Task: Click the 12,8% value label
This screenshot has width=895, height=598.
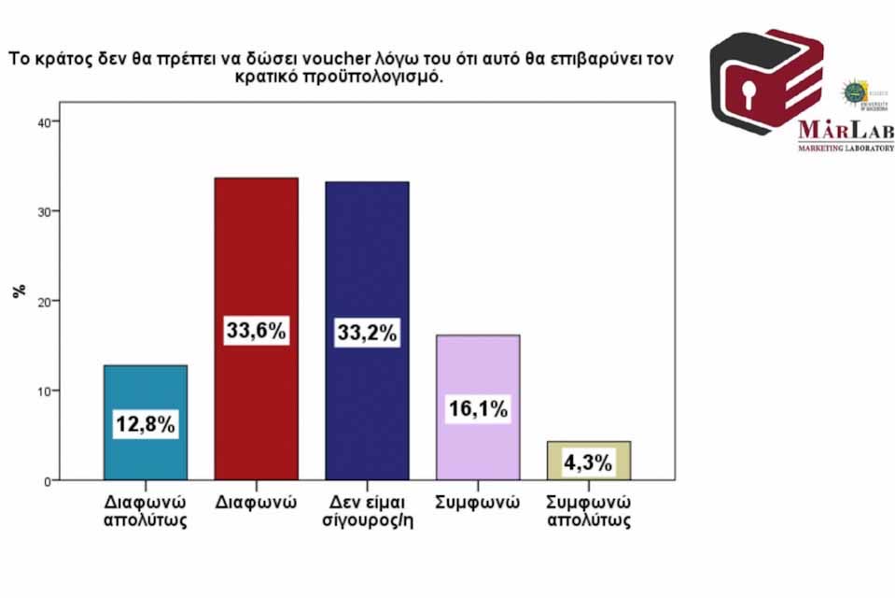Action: pyautogui.click(x=145, y=425)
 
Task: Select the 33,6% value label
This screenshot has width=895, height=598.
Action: pyautogui.click(x=256, y=331)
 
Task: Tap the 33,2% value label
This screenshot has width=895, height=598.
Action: pyautogui.click(x=367, y=332)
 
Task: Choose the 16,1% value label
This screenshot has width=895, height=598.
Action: pyautogui.click(x=478, y=408)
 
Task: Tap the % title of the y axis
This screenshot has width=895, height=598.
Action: pyautogui.click(x=20, y=291)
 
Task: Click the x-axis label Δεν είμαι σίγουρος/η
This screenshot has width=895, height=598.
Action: pyautogui.click(x=367, y=510)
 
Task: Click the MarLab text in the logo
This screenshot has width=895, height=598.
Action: pyautogui.click(x=846, y=131)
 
